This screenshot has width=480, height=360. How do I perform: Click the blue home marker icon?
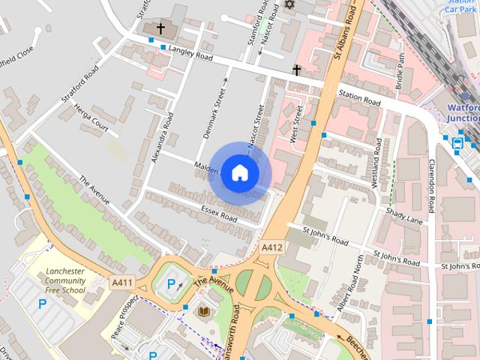pyautogui.click(x=239, y=172)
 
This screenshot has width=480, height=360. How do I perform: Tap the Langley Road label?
pyautogui.click(x=191, y=52)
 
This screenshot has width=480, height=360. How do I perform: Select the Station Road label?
pyautogui.click(x=359, y=97)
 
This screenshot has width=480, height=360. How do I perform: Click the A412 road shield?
pyautogui.click(x=272, y=247)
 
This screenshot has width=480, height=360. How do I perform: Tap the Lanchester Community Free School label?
pyautogui.click(x=65, y=280)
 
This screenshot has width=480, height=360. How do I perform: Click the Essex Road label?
pyautogui.click(x=219, y=213)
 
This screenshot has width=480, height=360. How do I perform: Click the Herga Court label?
pyautogui.click(x=91, y=119)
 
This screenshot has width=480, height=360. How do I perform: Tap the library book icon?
pyautogui.click(x=204, y=311)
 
